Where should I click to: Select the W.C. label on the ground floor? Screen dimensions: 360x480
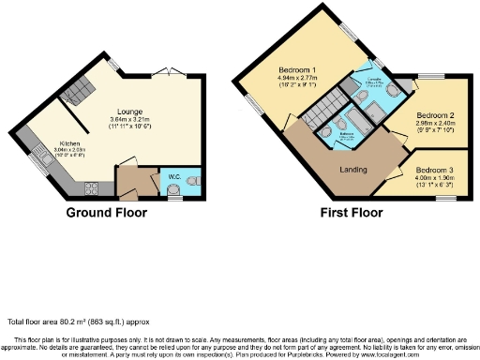(174, 175)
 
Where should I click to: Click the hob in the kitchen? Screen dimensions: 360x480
(93, 186)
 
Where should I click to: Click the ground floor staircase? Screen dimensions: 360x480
(76, 90)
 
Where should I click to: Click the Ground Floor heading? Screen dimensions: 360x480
(105, 213)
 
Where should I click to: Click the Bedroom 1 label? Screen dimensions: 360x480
(296, 71)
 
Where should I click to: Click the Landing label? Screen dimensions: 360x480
(352, 170)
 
